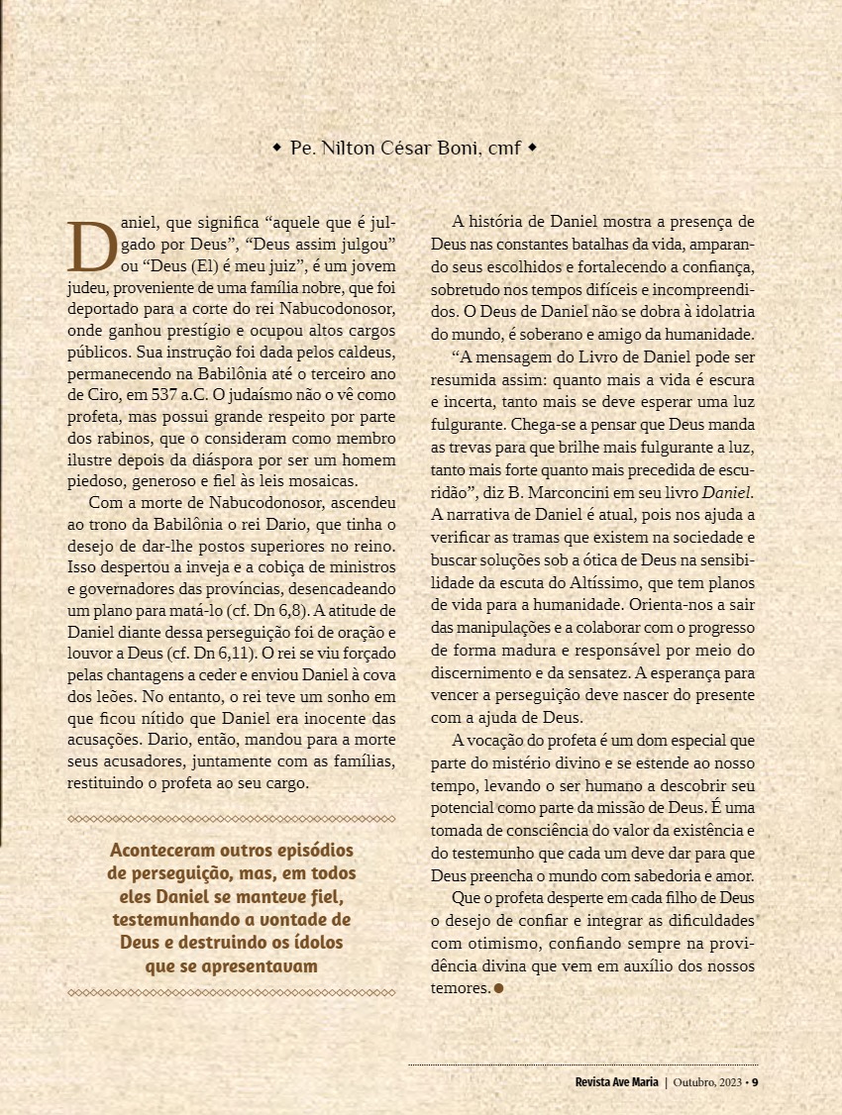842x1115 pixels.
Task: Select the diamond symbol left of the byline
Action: [276, 148]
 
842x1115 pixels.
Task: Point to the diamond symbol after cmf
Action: [532, 148]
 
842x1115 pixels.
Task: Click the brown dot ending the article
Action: [499, 987]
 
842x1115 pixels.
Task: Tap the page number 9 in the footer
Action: [755, 1081]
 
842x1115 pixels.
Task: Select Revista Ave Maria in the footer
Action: [616, 1081]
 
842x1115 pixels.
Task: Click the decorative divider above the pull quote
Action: [231, 819]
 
